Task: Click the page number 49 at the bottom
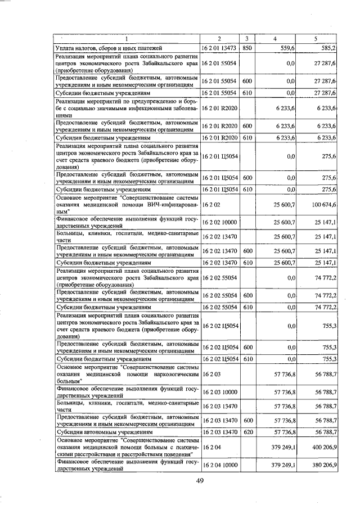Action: point(199,480)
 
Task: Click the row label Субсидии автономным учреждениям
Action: point(103,431)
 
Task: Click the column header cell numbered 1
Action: point(127,39)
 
